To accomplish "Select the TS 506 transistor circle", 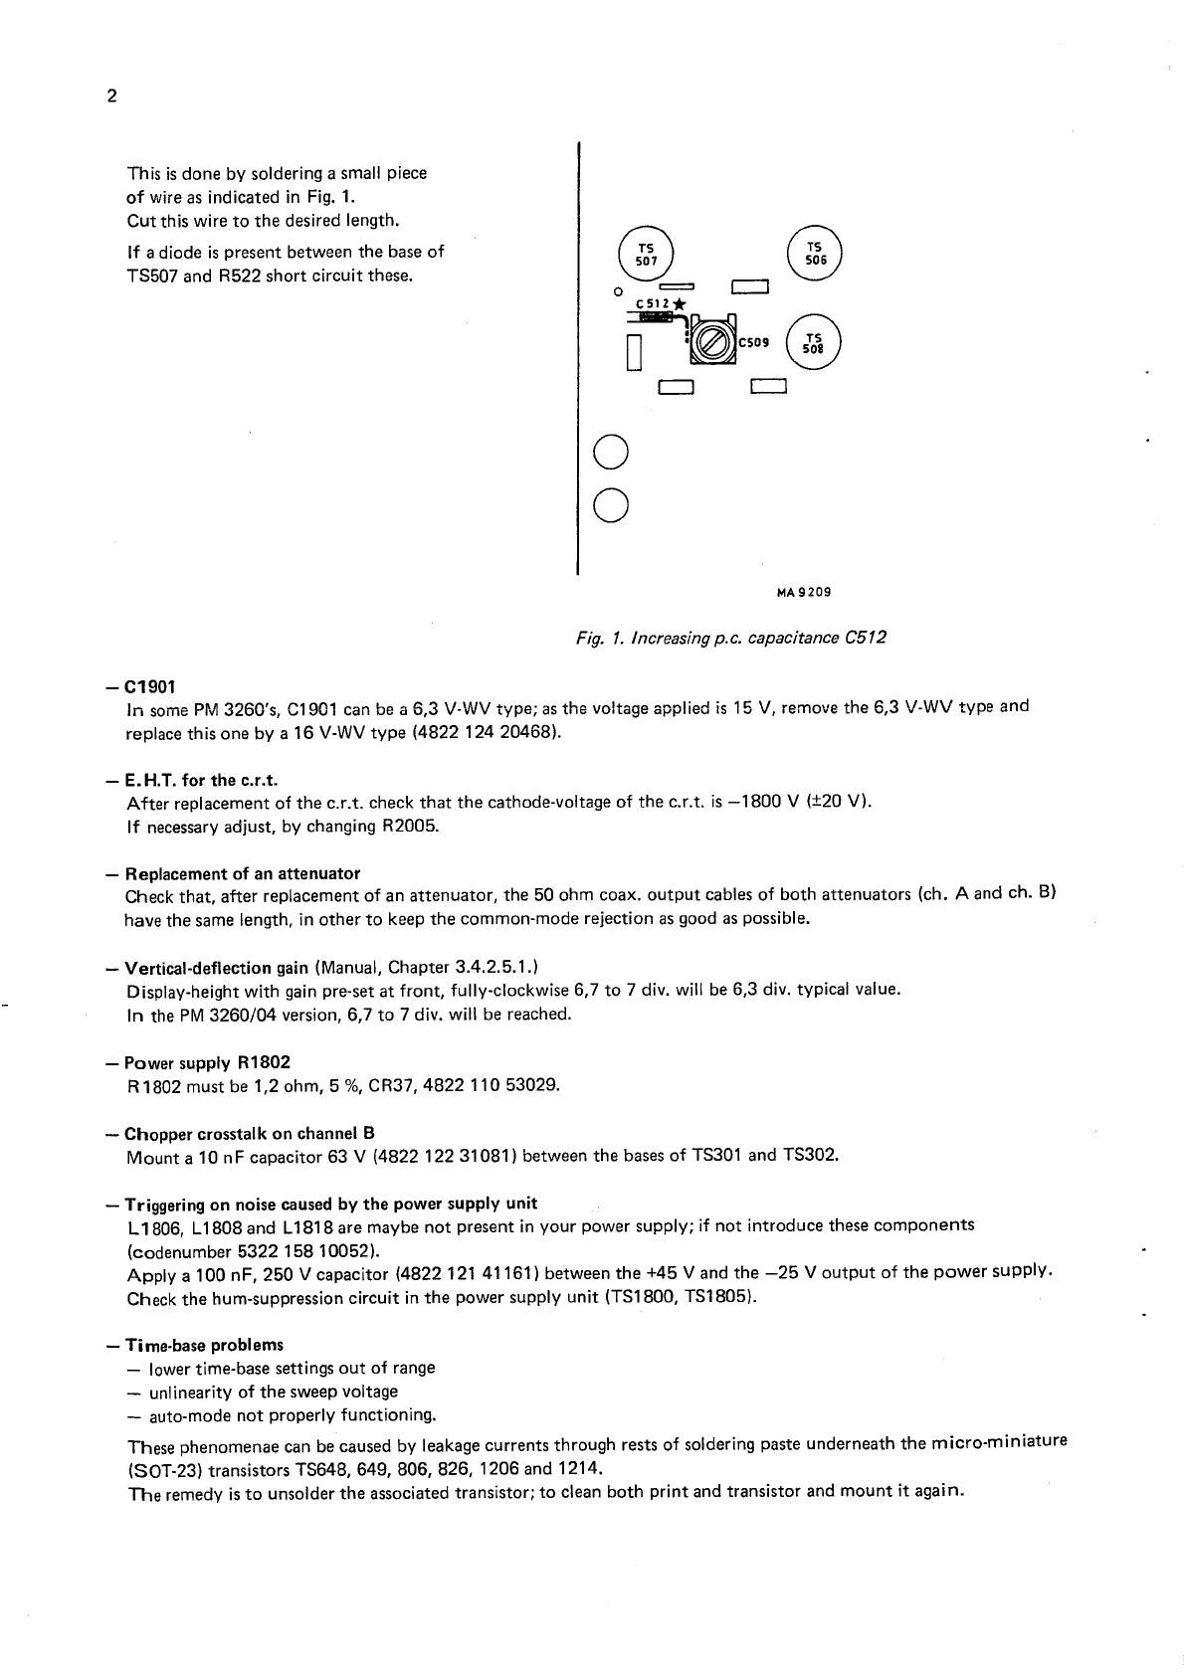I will tap(814, 252).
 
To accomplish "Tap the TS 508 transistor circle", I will tap(814, 342).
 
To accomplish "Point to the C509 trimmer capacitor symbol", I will tap(711, 342).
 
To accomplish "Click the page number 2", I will tap(110, 96).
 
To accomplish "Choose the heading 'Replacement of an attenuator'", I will tap(242, 873).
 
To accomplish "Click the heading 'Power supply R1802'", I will tap(207, 1062).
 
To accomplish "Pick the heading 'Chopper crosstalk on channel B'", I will tap(249, 1133).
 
